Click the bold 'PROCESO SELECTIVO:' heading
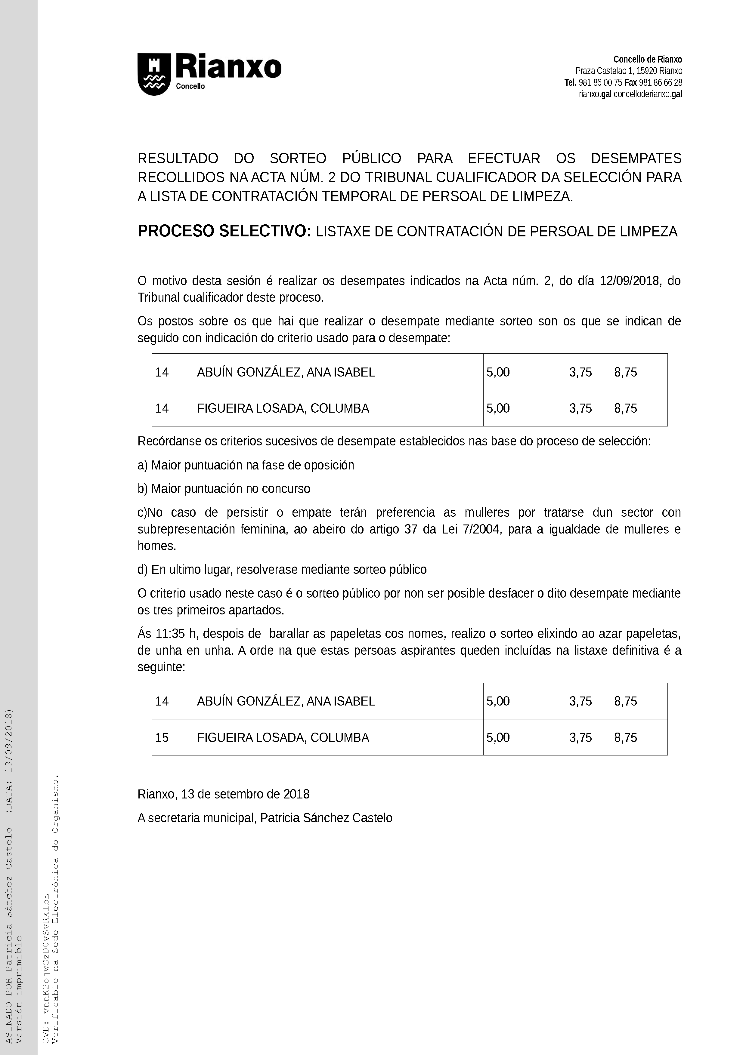[x=224, y=231]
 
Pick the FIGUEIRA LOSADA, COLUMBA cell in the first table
[x=283, y=408]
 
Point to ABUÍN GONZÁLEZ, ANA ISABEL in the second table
[x=286, y=701]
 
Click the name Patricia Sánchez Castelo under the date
[x=326, y=818]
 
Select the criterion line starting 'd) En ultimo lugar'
[x=282, y=570]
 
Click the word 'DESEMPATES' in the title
[x=636, y=158]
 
